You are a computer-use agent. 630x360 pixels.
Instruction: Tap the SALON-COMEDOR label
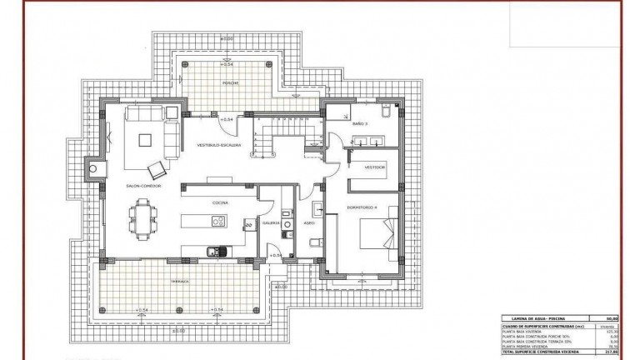coord(143,186)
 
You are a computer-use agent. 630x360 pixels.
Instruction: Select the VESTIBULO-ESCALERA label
coord(219,145)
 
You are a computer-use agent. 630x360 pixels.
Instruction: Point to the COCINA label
coord(221,202)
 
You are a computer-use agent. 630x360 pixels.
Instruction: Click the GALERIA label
coord(272,222)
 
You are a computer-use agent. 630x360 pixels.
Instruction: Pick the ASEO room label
coord(307,222)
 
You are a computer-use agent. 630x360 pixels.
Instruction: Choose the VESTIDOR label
coord(374,167)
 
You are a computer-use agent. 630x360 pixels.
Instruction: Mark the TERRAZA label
coord(181,282)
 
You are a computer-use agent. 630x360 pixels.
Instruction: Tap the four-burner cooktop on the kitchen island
coord(218,222)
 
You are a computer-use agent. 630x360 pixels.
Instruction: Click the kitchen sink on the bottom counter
coord(212,249)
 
